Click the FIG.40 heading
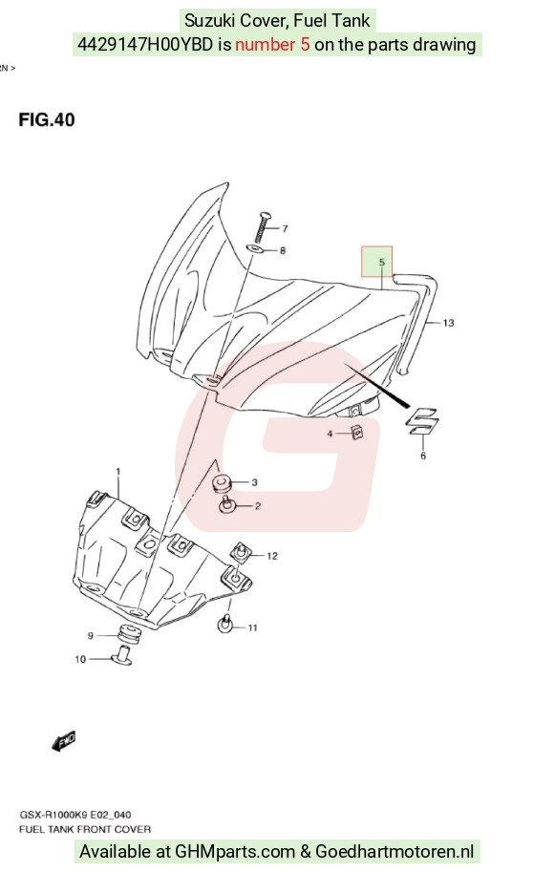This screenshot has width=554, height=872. (47, 119)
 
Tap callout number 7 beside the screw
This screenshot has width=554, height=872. (285, 228)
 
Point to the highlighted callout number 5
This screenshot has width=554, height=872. (381, 262)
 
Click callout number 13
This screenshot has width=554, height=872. (448, 323)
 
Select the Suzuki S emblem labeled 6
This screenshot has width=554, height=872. (422, 422)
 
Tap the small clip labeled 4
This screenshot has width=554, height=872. (357, 432)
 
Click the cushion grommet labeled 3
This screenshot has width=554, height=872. (224, 482)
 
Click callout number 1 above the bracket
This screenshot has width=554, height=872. (117, 472)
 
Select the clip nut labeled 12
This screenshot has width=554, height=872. (242, 552)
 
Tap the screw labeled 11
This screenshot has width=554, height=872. (225, 624)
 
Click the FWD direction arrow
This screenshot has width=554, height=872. (63, 741)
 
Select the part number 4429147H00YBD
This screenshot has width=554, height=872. (144, 45)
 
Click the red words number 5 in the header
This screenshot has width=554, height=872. (272, 45)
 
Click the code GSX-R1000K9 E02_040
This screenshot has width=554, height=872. (75, 815)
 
